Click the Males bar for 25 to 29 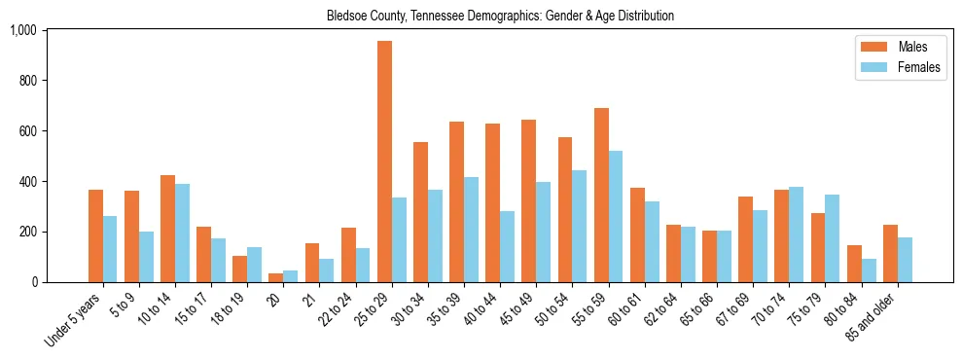(384, 162)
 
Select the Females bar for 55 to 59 (616, 217)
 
